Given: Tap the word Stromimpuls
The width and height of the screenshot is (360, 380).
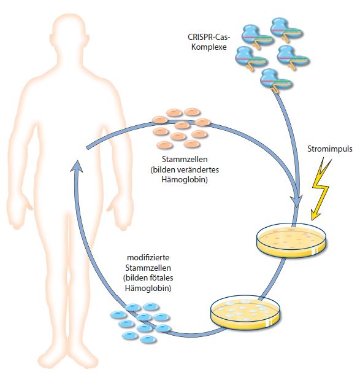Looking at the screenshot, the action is [330, 149].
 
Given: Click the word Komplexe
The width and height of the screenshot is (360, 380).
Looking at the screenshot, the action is [209, 47].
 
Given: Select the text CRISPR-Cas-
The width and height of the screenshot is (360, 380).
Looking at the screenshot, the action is [209, 37].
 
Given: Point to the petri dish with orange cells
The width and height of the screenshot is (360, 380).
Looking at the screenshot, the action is [291, 239].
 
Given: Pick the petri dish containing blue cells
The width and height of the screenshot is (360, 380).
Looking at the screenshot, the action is [245, 312].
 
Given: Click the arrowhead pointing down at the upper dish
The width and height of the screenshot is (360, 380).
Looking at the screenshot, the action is [297, 201].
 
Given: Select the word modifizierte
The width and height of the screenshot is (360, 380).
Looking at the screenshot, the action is [148, 257].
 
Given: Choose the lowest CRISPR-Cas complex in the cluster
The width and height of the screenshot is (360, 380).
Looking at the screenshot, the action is [276, 80].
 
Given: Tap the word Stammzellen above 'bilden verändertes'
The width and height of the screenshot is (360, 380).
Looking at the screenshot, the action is [185, 159].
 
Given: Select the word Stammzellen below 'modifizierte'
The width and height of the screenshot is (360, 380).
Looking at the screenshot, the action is [148, 268].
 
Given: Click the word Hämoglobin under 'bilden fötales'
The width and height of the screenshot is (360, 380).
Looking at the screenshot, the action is [148, 288].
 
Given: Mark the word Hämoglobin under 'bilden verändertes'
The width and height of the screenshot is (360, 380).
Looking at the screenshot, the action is [185, 180].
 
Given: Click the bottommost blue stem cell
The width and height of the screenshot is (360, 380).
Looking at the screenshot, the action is [148, 339].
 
